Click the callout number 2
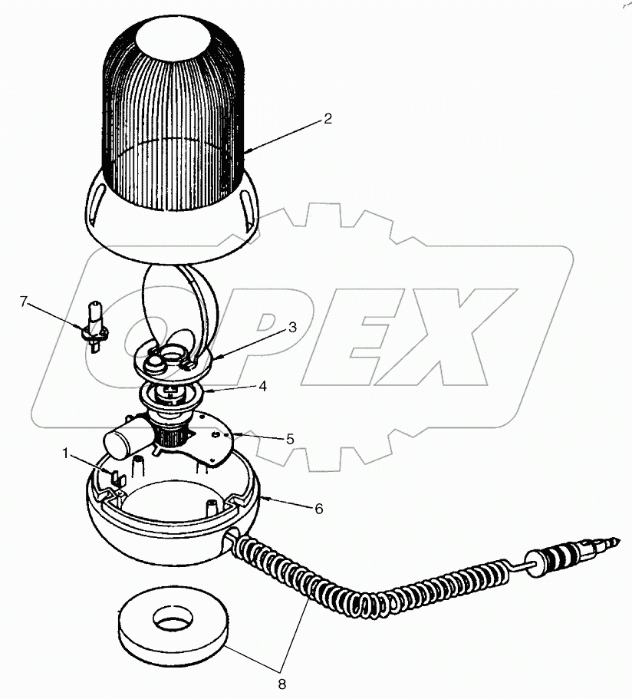(328, 118)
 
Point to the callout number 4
(262, 387)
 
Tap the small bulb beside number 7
(95, 326)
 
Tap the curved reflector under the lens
(188, 303)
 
